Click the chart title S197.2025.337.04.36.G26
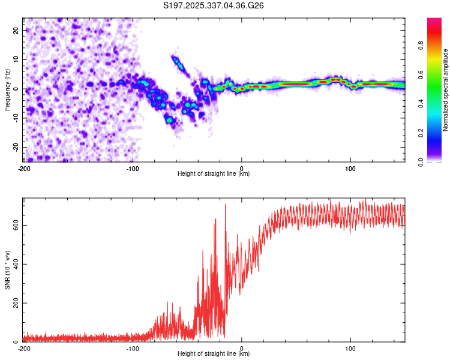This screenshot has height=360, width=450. (214, 6)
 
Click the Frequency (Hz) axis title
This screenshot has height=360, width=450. (7, 89)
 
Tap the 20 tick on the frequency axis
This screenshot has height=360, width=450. (16, 30)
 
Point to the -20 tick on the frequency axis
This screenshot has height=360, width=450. (15, 148)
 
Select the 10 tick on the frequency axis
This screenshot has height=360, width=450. (16, 59)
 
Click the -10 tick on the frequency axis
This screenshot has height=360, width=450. (15, 118)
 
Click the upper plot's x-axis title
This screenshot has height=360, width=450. (214, 174)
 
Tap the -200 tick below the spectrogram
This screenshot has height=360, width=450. (24, 168)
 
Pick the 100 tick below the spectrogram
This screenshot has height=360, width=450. (350, 168)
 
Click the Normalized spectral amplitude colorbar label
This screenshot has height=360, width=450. (446, 90)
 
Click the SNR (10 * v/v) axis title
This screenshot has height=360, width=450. (7, 270)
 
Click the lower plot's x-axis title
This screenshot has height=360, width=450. (214, 354)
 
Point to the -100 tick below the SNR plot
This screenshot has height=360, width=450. (133, 349)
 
